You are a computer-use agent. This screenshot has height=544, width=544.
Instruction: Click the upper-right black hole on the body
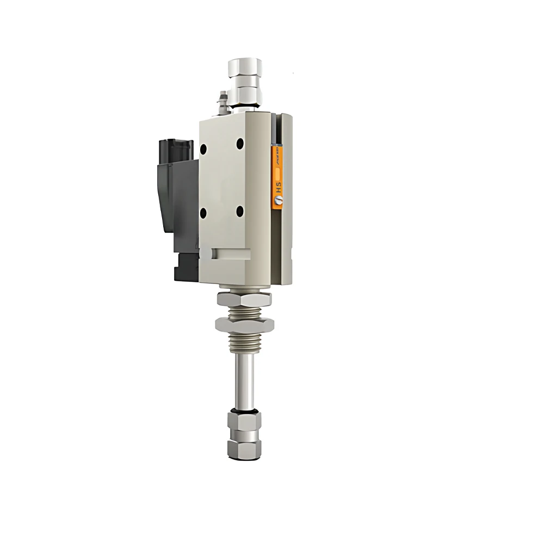pyautogui.click(x=239, y=144)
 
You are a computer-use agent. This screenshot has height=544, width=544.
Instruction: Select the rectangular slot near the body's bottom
pyautogui.click(x=232, y=254)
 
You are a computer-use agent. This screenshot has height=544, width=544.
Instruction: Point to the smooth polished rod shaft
pyautogui.click(x=244, y=378)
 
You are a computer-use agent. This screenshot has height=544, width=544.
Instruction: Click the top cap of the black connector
pyautogui.click(x=174, y=147)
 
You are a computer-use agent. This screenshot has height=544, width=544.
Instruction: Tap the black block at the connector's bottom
pyautogui.click(x=185, y=267)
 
